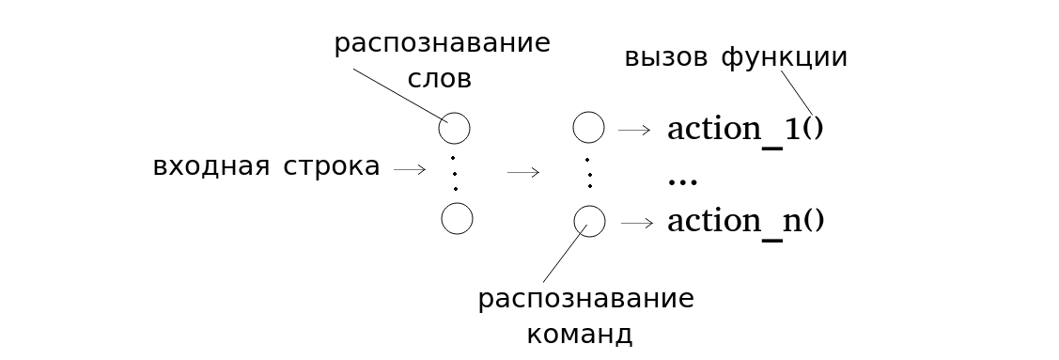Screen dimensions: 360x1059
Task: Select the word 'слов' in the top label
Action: (440, 79)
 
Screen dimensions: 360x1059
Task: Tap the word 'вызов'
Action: (665, 57)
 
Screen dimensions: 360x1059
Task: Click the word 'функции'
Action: (785, 58)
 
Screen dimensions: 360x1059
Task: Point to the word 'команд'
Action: (579, 335)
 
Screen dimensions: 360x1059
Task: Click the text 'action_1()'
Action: (744, 130)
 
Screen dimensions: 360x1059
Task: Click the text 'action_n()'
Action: (744, 222)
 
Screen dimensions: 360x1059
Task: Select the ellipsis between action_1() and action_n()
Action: (681, 179)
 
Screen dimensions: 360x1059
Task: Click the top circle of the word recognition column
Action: (455, 128)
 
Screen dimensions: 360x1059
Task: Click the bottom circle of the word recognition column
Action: (457, 219)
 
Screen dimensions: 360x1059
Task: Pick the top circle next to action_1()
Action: (588, 128)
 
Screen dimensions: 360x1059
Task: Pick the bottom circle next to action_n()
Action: (589, 221)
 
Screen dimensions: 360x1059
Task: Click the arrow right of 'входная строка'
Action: (411, 170)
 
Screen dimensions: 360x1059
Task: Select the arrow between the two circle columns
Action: (523, 172)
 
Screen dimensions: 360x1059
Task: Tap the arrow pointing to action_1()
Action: (634, 130)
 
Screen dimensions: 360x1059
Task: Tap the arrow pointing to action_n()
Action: (636, 223)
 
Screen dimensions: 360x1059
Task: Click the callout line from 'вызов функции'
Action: (797, 92)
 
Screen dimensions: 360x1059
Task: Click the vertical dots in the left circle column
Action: (455, 173)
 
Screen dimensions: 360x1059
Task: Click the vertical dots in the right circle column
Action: (588, 173)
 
